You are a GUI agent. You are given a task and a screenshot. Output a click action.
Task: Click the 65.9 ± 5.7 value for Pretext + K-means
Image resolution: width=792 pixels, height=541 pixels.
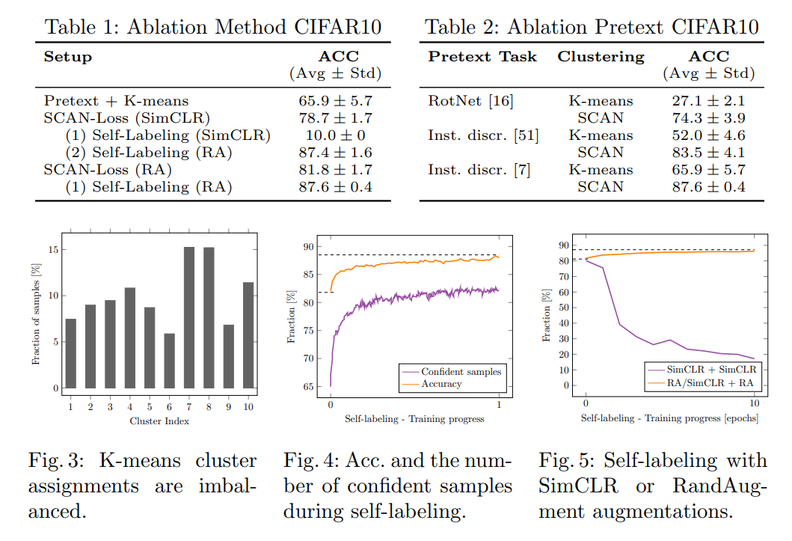335,100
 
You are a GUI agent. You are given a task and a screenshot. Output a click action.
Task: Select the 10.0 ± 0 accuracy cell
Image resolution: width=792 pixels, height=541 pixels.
335,135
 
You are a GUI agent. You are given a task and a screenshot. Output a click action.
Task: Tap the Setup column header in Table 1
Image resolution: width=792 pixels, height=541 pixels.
68,56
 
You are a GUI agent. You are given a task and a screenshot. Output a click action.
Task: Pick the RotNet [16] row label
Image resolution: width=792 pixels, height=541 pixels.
470,100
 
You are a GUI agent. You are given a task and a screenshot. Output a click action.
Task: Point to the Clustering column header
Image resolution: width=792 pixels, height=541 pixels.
601,56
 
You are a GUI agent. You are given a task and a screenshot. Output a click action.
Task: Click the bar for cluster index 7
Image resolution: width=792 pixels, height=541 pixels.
189,317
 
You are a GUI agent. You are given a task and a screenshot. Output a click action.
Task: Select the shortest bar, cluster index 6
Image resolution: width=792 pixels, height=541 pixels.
169,361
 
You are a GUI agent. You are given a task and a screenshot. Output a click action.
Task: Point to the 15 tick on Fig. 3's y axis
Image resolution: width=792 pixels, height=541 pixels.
52,248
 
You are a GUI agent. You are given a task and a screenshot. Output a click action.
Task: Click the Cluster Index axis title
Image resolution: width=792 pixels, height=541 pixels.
159,421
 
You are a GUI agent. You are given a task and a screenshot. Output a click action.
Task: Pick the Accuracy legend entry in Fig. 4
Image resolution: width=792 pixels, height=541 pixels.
441,384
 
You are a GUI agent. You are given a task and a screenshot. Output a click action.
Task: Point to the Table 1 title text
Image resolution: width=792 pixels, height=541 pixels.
213,28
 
